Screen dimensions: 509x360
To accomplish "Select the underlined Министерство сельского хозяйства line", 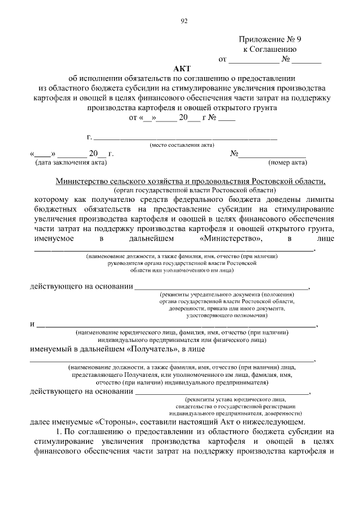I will [191, 181].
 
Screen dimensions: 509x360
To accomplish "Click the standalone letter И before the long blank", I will [32, 325].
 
